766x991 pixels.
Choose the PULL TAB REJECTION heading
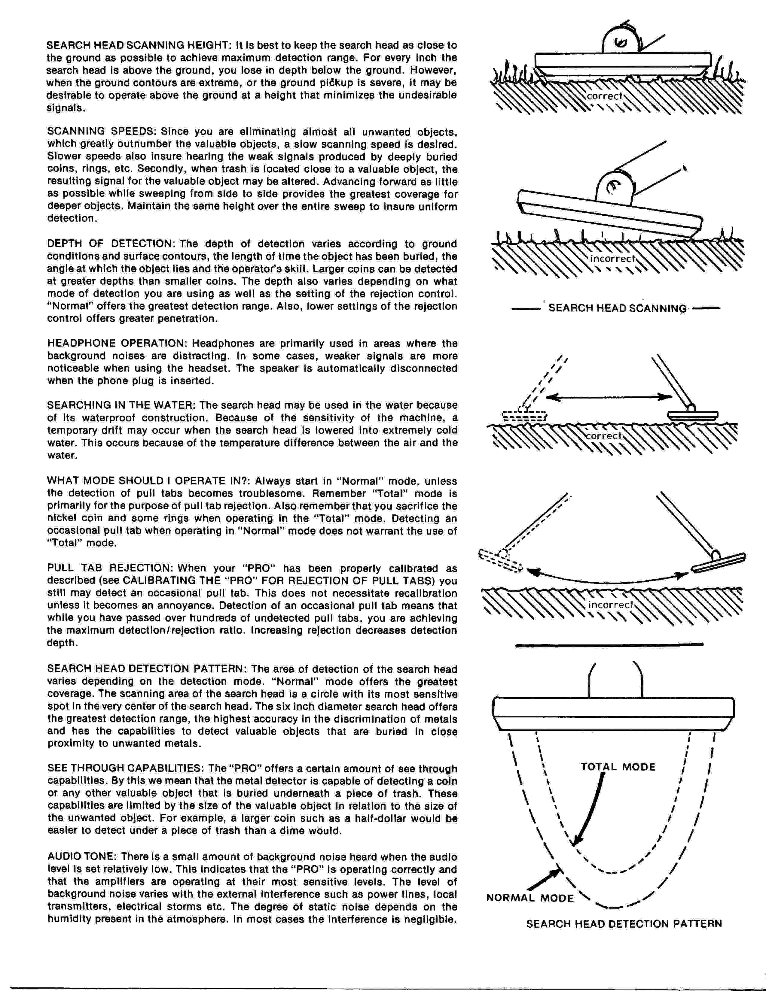coord(108,568)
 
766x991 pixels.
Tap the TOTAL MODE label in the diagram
coord(618,767)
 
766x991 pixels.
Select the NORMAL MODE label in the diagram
coord(529,898)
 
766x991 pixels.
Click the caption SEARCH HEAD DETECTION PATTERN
coord(624,924)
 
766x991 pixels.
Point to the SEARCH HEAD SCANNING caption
coord(617,308)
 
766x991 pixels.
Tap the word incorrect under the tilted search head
coord(612,259)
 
